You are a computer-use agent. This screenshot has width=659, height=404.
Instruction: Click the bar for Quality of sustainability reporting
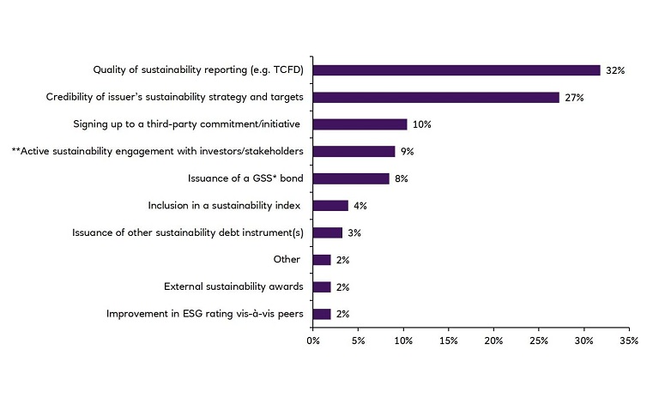click(x=456, y=70)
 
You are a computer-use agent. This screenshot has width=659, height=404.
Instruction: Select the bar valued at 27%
click(x=436, y=98)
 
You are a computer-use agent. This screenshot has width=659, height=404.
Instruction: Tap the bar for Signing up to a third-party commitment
click(x=360, y=124)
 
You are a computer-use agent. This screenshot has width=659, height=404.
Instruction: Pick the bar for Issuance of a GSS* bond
click(x=351, y=178)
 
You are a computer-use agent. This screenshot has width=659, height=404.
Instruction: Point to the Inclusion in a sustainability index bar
click(x=330, y=206)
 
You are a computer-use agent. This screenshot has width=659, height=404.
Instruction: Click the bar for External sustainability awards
click(x=322, y=287)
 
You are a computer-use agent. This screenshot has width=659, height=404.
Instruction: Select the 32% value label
click(x=614, y=70)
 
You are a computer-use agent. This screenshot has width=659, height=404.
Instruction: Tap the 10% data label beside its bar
click(x=421, y=124)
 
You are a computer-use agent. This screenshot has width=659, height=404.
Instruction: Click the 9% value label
click(x=408, y=152)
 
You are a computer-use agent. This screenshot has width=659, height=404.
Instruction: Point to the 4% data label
click(x=360, y=206)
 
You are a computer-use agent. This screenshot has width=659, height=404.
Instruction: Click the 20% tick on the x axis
click(x=493, y=341)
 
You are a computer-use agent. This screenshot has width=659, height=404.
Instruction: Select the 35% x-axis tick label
click(x=629, y=341)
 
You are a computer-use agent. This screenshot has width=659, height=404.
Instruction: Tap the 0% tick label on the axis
click(x=313, y=341)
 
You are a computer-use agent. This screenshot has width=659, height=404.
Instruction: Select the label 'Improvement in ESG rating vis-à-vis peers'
click(x=204, y=315)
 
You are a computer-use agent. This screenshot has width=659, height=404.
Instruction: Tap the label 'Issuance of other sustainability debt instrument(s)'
click(x=182, y=233)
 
